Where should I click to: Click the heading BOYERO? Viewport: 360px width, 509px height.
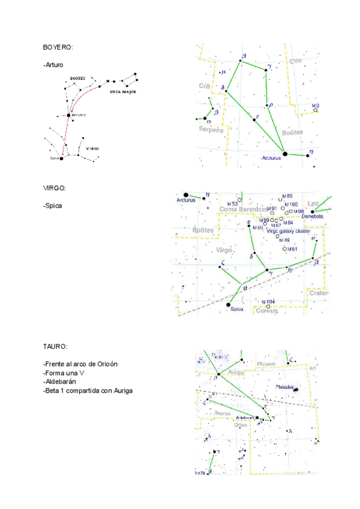(58, 47)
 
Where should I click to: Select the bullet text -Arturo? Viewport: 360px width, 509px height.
(53, 64)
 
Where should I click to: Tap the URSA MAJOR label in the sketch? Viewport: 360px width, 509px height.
(124, 93)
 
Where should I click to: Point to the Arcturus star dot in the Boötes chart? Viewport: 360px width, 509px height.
(285, 154)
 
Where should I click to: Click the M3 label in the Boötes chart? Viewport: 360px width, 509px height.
(316, 106)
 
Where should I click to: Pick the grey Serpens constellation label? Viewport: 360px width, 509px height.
(211, 130)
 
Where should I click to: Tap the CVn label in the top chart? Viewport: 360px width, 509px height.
(295, 61)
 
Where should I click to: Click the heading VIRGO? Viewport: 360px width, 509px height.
(55, 188)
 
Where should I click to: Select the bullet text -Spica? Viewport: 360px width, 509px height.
(53, 205)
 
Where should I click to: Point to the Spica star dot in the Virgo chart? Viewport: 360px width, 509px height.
(228, 305)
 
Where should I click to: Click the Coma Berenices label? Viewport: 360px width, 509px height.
(244, 209)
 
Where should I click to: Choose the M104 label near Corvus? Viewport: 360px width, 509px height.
(268, 301)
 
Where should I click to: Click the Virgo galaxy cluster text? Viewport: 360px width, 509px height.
(289, 230)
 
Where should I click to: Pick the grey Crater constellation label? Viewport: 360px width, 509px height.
(319, 293)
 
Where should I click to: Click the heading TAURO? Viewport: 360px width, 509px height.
(55, 346)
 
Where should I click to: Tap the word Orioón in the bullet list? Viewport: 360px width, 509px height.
(105, 364)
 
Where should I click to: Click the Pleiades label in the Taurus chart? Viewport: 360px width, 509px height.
(284, 387)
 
